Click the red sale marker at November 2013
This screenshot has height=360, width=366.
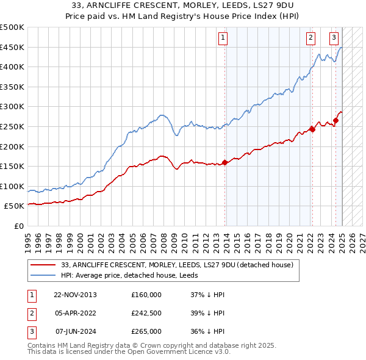(x=225, y=162)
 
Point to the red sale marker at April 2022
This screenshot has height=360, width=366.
(x=312, y=129)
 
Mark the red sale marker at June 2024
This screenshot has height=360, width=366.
(x=335, y=120)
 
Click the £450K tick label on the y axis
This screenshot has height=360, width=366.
(x=12, y=47)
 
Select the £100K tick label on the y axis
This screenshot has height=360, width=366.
(x=12, y=186)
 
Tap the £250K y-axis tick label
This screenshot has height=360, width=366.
(x=12, y=126)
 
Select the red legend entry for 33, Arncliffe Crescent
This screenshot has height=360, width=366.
(x=177, y=265)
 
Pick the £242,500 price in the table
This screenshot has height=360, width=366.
(x=146, y=313)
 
